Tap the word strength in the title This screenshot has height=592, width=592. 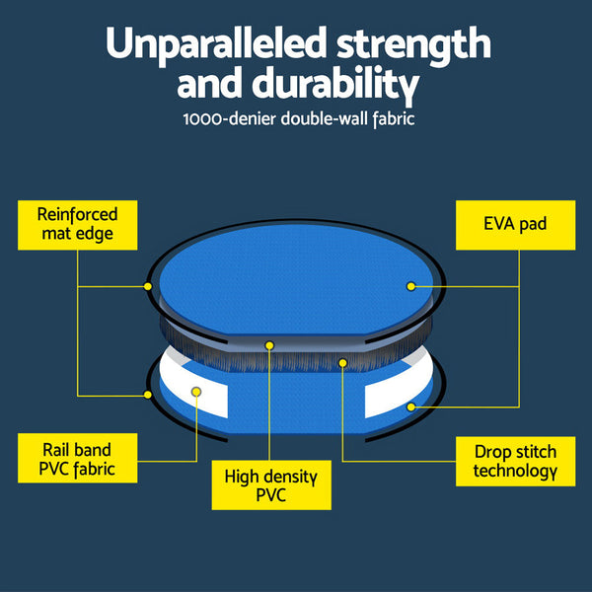click(x=415, y=44)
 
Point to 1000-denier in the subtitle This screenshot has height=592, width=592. click(x=229, y=120)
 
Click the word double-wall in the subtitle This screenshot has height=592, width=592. click(x=318, y=120)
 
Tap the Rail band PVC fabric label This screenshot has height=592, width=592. click(x=78, y=459)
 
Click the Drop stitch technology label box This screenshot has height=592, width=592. click(x=514, y=461)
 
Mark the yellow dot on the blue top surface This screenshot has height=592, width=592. click(x=410, y=285)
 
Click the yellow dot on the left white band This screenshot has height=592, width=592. click(x=196, y=392)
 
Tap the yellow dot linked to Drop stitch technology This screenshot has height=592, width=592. click(x=343, y=362)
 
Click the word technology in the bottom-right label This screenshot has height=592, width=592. click(x=514, y=471)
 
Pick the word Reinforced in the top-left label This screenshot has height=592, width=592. click(x=78, y=214)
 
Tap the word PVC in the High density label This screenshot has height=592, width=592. click(x=271, y=495)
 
